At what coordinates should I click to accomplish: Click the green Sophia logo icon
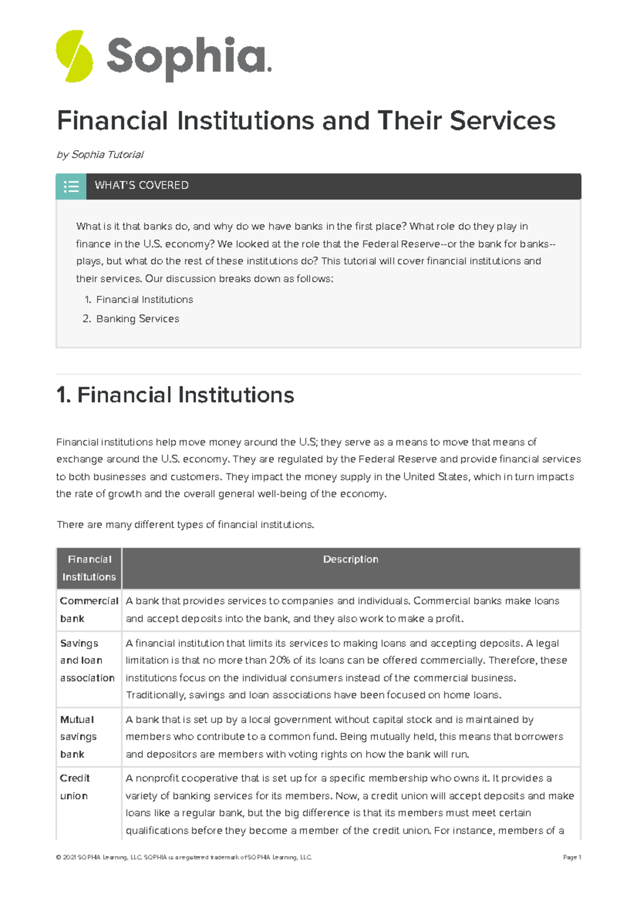click(74, 56)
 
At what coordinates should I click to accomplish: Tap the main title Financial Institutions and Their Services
click(306, 120)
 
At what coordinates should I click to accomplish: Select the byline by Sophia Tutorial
click(100, 154)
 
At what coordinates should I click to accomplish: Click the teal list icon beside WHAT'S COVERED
click(71, 186)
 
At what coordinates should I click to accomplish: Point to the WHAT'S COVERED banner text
click(142, 185)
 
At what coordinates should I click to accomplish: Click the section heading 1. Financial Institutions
click(175, 395)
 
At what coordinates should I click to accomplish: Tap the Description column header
click(350, 559)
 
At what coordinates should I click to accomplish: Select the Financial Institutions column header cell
click(89, 568)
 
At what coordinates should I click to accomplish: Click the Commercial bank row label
click(89, 610)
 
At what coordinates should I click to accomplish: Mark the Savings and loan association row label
click(87, 660)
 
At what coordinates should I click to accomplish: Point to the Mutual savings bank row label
click(78, 737)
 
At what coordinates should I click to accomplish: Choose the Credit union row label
click(74, 787)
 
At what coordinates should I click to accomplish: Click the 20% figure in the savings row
click(279, 661)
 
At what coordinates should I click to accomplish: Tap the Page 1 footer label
click(572, 857)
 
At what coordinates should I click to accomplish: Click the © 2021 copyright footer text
click(183, 857)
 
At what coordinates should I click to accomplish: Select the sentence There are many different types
click(185, 525)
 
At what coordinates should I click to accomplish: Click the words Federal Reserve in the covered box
click(401, 244)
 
